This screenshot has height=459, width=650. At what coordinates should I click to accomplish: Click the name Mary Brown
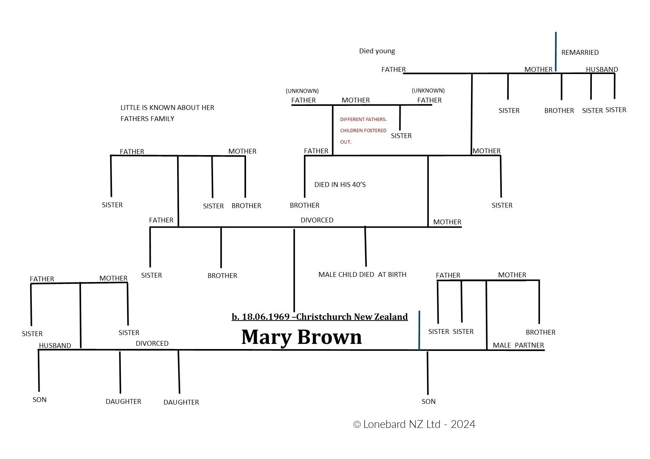301,337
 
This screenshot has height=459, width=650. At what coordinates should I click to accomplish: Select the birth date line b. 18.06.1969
319,317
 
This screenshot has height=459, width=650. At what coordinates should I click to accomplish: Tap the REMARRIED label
580,53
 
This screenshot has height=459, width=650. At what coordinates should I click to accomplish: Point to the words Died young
377,51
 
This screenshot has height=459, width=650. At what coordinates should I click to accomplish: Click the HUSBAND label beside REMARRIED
601,70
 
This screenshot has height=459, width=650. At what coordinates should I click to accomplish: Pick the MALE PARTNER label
518,345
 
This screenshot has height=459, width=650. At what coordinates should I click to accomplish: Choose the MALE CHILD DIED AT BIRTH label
362,275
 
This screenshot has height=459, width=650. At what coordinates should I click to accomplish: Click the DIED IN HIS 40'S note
340,185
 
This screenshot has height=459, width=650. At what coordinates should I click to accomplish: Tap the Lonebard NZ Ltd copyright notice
414,424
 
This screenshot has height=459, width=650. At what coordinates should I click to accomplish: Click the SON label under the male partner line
428,402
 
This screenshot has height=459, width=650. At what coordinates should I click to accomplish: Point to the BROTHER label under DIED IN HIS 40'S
304,205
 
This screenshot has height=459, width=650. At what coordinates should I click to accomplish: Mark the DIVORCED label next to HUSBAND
152,344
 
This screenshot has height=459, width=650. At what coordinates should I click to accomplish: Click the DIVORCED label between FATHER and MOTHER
317,220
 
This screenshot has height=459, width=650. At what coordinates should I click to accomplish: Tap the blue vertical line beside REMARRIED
556,52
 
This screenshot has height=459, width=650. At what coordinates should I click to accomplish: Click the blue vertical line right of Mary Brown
419,330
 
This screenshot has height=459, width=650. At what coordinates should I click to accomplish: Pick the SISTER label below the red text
401,136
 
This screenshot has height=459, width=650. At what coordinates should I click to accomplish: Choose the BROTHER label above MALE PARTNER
540,332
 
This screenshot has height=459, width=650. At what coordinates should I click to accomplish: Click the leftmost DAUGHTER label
123,402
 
